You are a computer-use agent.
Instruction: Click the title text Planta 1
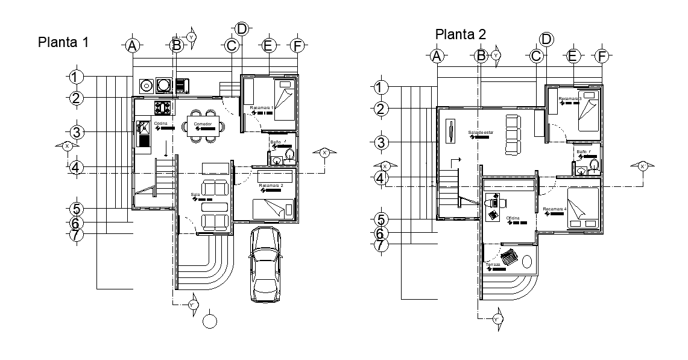point(64,42)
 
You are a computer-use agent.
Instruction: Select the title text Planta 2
point(461,34)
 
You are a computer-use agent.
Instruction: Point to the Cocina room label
point(160,124)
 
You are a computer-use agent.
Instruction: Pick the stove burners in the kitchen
point(163,109)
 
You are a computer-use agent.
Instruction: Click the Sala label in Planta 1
point(195,195)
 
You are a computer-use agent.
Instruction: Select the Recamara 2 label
point(271,185)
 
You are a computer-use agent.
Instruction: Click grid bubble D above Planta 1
point(241,28)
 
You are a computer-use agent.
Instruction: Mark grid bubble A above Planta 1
point(133,46)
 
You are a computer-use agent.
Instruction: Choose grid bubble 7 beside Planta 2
point(380,245)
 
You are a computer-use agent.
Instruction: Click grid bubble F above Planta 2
point(601,57)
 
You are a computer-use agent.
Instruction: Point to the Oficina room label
point(513,218)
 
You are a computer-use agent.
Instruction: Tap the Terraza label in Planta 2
point(493,265)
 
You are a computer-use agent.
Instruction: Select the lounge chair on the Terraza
point(510,257)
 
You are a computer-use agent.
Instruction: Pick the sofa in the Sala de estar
point(513,133)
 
